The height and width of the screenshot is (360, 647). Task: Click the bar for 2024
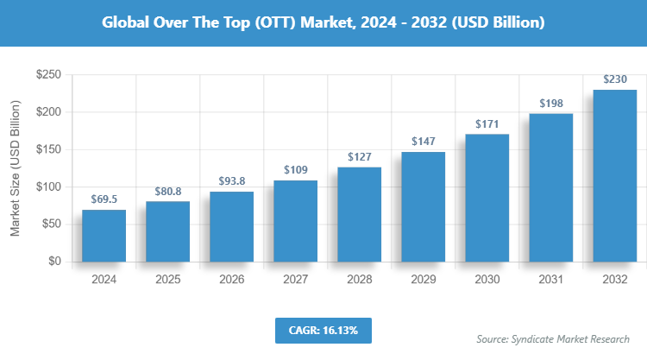click(x=104, y=235)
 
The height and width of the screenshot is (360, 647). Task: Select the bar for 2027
click(x=295, y=220)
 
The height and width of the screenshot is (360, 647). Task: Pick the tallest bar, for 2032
click(x=614, y=175)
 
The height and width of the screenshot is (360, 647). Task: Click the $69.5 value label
click(x=104, y=199)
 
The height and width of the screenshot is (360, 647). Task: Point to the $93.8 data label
click(x=231, y=180)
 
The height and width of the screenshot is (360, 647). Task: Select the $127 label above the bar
click(x=359, y=156)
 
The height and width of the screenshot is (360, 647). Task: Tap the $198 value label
click(x=550, y=103)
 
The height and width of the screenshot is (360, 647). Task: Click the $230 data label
click(x=614, y=79)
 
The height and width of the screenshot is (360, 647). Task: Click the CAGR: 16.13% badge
click(x=323, y=330)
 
